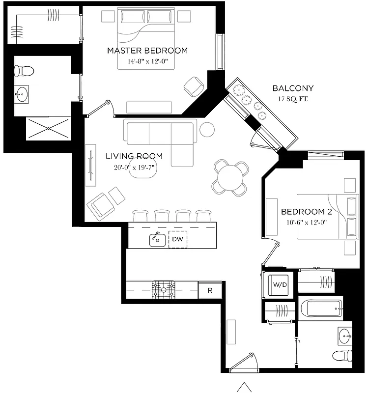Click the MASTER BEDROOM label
click(147, 51)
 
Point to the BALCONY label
click(293, 88)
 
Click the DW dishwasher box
click(177, 239)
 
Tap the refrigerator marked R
click(210, 290)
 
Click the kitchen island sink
click(157, 239)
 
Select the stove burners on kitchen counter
click(163, 290)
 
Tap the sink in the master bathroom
click(22, 95)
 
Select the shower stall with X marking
click(48, 128)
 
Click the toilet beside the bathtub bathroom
click(342, 355)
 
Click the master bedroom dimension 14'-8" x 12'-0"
click(147, 62)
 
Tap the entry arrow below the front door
click(244, 387)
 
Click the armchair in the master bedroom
click(194, 86)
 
